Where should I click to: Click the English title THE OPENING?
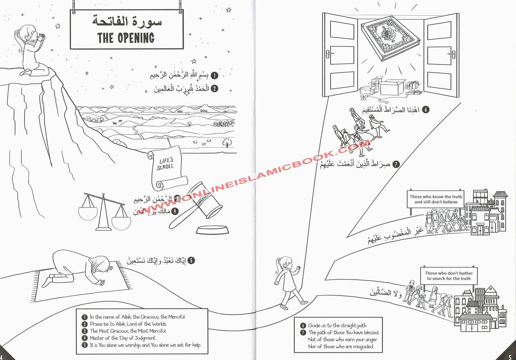[x=126, y=38]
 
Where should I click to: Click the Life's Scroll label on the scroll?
[x=165, y=164]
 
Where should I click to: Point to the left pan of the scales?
[x=88, y=212]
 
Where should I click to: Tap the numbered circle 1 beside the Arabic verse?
[x=215, y=75]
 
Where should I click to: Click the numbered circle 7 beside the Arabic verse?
[x=396, y=164]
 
